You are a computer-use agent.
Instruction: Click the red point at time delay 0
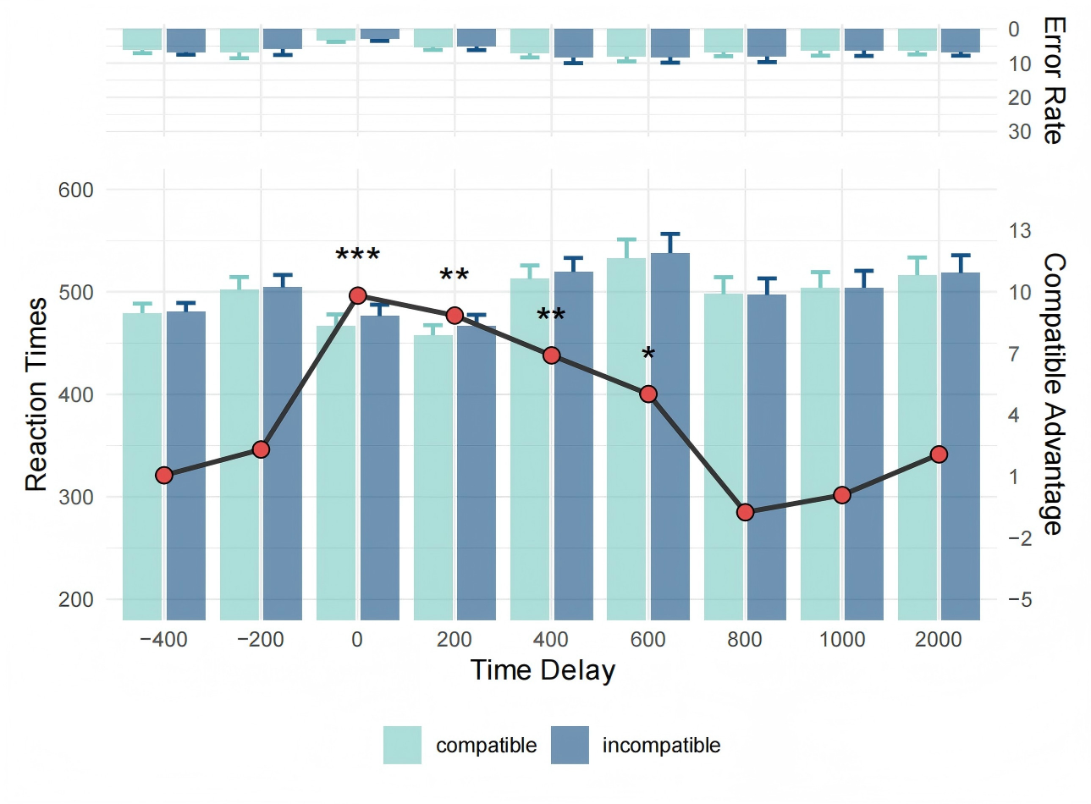click(x=357, y=295)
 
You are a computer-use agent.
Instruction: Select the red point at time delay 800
click(x=745, y=512)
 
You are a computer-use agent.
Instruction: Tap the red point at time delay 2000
click(x=939, y=454)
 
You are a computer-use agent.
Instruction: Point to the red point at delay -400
click(x=164, y=476)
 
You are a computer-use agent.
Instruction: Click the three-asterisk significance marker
click(x=357, y=256)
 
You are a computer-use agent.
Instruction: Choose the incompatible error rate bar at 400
click(x=573, y=43)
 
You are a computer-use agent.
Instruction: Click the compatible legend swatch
click(x=402, y=745)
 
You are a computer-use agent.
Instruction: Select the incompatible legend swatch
click(x=570, y=745)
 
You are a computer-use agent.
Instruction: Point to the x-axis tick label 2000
click(x=938, y=639)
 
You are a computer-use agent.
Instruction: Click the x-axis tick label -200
click(x=261, y=639)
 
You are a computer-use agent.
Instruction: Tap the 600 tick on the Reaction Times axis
click(x=75, y=190)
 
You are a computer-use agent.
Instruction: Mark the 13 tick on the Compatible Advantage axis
click(x=1019, y=230)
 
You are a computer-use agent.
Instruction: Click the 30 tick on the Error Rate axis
click(x=1019, y=131)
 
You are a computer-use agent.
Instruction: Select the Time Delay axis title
click(x=543, y=670)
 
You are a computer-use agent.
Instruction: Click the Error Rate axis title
click(x=1053, y=80)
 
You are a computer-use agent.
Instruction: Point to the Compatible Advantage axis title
click(x=1052, y=394)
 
